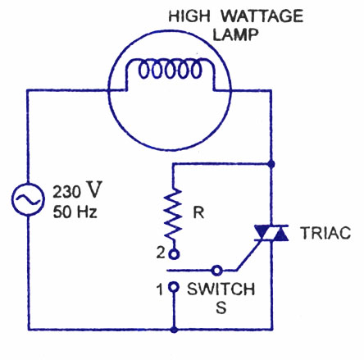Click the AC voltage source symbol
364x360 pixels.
(x=27, y=199)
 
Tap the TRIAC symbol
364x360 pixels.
(x=271, y=233)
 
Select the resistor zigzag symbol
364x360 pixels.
(x=173, y=216)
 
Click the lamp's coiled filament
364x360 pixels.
(x=170, y=69)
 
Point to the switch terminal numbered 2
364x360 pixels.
(x=174, y=254)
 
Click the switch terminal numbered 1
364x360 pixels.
(x=174, y=287)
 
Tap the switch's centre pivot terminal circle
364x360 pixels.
(x=217, y=271)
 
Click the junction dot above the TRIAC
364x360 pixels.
(x=271, y=164)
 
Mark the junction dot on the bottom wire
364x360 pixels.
(x=174, y=330)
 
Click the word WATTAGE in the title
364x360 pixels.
(x=262, y=16)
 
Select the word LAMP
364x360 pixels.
(x=235, y=34)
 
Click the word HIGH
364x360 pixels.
(x=189, y=16)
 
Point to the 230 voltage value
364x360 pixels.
(x=66, y=192)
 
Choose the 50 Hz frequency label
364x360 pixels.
(x=75, y=212)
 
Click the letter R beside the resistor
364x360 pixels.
(x=198, y=212)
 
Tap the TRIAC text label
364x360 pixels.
(x=325, y=233)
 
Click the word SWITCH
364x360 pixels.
(x=221, y=289)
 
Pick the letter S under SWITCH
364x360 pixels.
(x=221, y=307)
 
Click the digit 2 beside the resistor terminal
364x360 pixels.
(x=161, y=253)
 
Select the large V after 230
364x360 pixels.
(x=93, y=189)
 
